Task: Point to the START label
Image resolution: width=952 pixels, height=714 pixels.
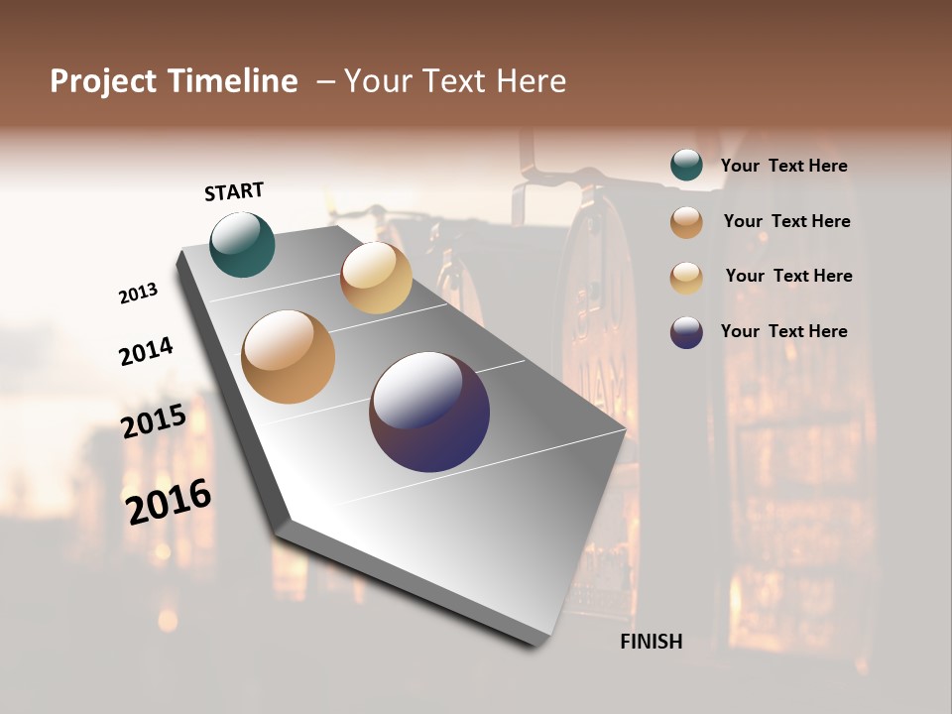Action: click(234, 191)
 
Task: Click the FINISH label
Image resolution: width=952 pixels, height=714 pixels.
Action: click(651, 642)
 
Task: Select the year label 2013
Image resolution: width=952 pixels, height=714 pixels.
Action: click(139, 293)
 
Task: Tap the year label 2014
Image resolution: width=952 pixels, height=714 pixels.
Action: click(146, 351)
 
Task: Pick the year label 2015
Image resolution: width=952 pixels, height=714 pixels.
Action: click(154, 421)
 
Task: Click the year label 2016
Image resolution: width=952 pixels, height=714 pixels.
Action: click(169, 501)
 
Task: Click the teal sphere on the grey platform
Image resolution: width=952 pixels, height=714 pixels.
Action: click(242, 244)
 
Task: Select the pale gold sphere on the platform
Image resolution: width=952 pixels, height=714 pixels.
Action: click(376, 278)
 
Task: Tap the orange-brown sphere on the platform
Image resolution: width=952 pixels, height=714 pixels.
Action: click(289, 357)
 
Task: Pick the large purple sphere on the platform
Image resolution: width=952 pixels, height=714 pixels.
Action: click(429, 412)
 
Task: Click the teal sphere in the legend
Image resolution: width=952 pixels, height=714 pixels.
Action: click(686, 166)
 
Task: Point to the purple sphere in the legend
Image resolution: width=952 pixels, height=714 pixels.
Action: click(686, 332)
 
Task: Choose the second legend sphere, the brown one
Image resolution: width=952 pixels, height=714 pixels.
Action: click(686, 222)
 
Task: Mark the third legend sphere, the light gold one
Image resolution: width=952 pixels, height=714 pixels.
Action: click(686, 278)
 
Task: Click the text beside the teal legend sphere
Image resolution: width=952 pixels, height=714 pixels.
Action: click(784, 167)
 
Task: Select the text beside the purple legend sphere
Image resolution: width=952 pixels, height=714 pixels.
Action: click(784, 331)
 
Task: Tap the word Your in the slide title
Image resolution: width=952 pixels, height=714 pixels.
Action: click(379, 81)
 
